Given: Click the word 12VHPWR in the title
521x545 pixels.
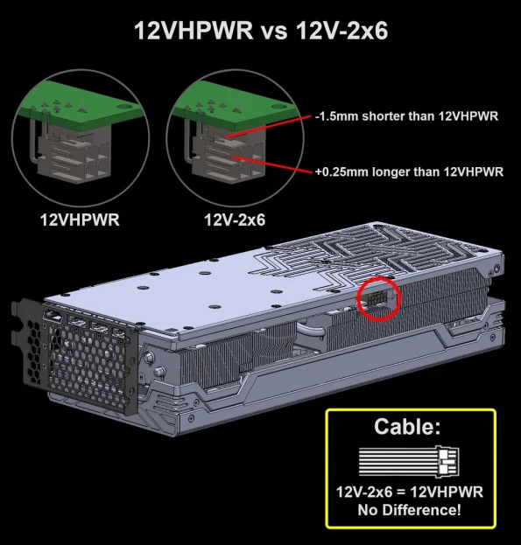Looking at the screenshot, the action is [194, 31].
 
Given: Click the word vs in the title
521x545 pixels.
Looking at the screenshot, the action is [274, 32].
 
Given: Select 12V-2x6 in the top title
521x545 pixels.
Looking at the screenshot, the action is [341, 31].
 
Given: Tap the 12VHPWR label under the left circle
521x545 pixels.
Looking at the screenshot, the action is [80, 220].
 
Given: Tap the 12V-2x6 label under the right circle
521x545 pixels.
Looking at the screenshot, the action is [235, 220].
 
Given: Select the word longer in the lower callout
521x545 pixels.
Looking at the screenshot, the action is [390, 171].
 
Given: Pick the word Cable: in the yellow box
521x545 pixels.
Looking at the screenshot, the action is [407, 426].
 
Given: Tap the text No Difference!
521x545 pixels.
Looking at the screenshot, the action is [410, 510].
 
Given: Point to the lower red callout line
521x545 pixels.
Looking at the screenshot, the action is [272, 164].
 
